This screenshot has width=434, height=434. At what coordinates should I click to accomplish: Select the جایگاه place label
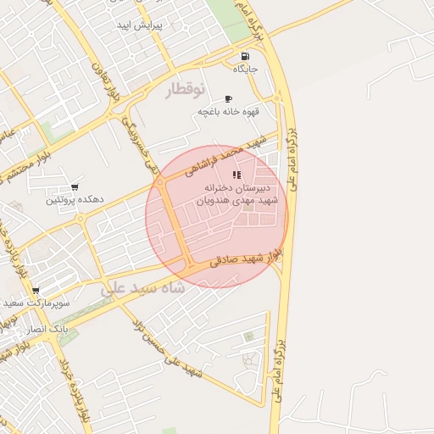[x=244, y=69]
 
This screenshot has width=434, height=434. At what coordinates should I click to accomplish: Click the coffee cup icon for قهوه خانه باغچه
[x=228, y=99]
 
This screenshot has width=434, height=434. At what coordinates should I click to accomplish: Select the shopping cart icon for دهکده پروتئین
[x=75, y=187]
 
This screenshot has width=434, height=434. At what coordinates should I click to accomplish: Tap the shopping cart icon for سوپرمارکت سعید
[x=35, y=290]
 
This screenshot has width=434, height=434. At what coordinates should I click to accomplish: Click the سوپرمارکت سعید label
[x=36, y=302]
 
